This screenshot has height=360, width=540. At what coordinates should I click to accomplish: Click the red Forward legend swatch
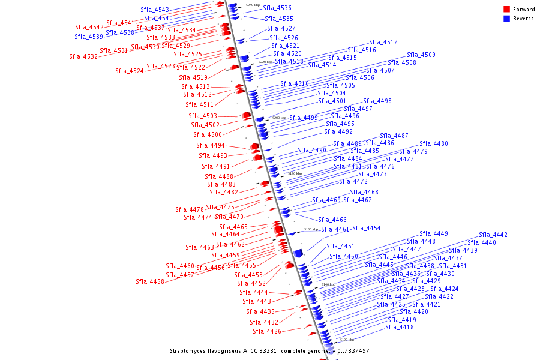506,9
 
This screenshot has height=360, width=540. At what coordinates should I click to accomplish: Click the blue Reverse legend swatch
506,19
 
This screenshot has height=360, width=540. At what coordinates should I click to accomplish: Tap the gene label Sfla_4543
155,10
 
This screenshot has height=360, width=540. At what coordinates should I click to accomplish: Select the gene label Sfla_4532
83,57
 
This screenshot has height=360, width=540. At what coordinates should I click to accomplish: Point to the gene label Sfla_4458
150,281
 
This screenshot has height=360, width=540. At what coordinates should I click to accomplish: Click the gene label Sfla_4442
493,235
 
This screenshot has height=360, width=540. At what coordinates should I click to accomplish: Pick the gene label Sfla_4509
421,55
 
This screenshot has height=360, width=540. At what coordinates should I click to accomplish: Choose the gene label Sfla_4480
434,144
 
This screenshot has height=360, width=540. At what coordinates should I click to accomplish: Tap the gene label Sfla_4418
400,327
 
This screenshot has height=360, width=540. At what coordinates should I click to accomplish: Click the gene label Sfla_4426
267,331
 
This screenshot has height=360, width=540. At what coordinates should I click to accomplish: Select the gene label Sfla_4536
277,8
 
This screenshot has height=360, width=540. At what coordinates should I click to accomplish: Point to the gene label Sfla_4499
304,118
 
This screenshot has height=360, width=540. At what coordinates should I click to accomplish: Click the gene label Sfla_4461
335,230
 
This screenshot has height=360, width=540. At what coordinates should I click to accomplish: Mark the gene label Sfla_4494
211,146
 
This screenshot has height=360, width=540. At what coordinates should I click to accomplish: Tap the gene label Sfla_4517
383,43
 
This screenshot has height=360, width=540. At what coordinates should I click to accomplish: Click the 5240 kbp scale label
253,5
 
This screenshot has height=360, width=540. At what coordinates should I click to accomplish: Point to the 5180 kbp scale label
295,173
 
